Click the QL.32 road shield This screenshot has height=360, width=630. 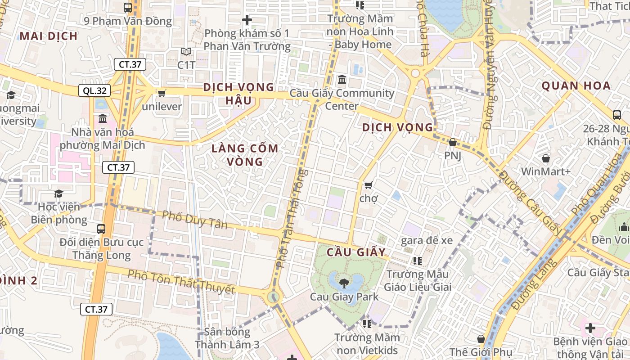pos(94,90)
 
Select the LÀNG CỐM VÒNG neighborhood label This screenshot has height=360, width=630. pos(245,155)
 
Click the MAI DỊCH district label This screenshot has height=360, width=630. pos(49,36)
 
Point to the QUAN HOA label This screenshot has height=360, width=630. pos(576,85)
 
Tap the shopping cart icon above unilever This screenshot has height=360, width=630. pos(162,93)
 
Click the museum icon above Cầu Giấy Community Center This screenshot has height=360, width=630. pos(342,80)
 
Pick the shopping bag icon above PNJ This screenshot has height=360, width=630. pos(453,142)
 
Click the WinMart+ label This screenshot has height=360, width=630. pos(545,171)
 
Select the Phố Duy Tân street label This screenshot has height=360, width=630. pos(195,219)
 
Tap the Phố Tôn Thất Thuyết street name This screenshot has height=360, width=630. pos(181,282)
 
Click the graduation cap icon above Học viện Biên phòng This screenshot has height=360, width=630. pos(58,193)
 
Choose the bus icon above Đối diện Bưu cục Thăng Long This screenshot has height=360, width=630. pos(101,229)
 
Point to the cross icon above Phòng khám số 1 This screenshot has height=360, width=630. pos(247,20)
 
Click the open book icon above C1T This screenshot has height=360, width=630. pos(186,52)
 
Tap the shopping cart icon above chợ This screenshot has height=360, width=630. pos(369,185)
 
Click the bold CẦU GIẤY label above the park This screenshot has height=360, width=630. pos(356,252)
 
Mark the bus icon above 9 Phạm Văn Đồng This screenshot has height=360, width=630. pos(128,7)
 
